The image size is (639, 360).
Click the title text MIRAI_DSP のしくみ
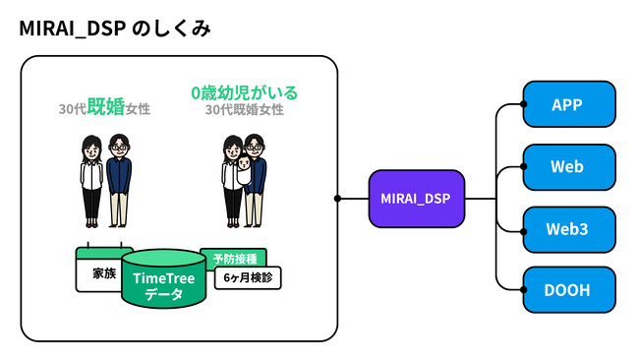point(114,30)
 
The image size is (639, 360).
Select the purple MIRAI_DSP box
point(416,199)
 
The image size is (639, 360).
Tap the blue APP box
point(567,105)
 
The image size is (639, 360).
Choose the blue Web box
point(567,167)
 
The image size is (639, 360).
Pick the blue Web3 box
point(567,229)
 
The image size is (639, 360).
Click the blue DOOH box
point(567,291)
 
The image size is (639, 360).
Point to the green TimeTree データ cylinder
point(163,280)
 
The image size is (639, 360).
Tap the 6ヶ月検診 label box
point(247,278)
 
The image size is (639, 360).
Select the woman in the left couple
point(91,177)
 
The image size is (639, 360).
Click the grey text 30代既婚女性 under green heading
point(244,110)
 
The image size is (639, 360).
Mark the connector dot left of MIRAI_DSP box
point(337,199)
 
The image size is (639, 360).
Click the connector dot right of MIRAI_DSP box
point(494,199)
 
